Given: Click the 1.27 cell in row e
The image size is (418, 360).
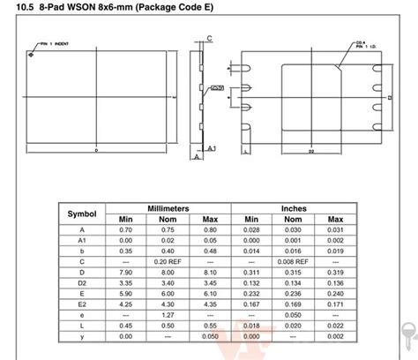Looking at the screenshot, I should coord(167,314).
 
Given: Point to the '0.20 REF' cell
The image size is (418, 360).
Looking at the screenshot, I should coord(167,261).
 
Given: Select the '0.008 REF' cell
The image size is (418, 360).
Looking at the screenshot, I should coord(294,261).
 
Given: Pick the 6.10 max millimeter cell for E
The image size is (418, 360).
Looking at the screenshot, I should coord(209,293).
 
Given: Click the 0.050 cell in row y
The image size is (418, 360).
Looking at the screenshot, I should coord(209,335).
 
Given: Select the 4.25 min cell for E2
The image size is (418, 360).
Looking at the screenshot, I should coord(124,304).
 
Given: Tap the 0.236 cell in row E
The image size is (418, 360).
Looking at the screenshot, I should coord(294,293).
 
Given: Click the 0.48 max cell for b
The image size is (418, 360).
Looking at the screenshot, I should coord(209,251).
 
